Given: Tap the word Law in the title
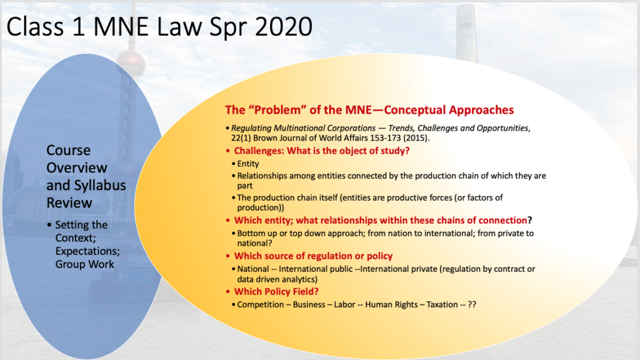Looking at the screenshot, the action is (x=179, y=27).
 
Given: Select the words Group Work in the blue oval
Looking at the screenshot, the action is (x=85, y=264).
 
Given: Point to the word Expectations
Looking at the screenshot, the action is (x=87, y=251).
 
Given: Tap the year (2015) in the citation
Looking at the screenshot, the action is (x=416, y=138).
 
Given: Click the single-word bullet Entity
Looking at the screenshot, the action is (x=248, y=164).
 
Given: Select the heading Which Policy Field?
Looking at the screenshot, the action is (x=276, y=291).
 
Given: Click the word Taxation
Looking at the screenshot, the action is (x=442, y=304).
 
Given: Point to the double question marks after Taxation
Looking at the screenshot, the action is (x=472, y=304).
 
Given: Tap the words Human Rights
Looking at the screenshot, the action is (x=391, y=304).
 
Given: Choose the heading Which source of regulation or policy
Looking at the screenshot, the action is (x=313, y=256).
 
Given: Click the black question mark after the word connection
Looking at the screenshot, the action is (x=530, y=221).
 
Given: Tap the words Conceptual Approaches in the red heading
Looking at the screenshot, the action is (x=449, y=110).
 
